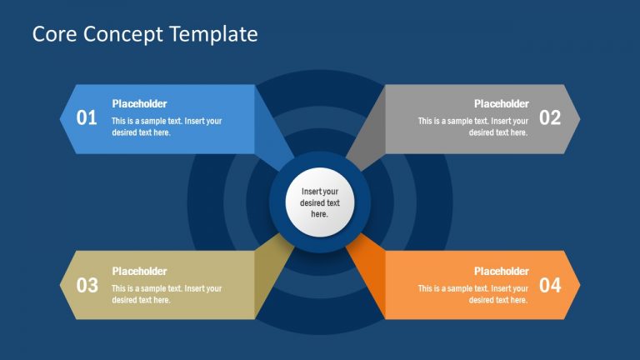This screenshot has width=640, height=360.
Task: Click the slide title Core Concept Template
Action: click(x=145, y=34)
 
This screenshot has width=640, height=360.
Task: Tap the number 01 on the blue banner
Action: click(x=87, y=118)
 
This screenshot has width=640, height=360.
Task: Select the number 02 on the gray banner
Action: click(x=550, y=118)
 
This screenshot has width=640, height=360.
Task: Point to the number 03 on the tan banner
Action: click(x=87, y=286)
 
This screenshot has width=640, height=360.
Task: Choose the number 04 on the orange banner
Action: click(x=550, y=286)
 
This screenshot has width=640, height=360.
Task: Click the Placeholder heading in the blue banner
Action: click(x=139, y=104)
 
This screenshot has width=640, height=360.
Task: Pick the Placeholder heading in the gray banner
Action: click(x=501, y=104)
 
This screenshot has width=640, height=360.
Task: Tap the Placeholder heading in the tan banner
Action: click(x=139, y=271)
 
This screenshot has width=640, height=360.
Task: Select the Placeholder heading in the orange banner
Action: click(x=501, y=271)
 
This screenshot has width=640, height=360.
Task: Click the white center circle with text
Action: click(x=320, y=202)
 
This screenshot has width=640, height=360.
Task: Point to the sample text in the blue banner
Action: click(x=167, y=127)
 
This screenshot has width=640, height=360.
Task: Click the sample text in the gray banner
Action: click(x=472, y=127)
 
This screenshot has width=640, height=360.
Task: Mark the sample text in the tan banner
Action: click(x=167, y=294)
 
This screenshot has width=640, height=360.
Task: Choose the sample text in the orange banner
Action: click(x=472, y=294)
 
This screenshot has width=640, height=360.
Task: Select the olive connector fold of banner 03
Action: click(x=271, y=267)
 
